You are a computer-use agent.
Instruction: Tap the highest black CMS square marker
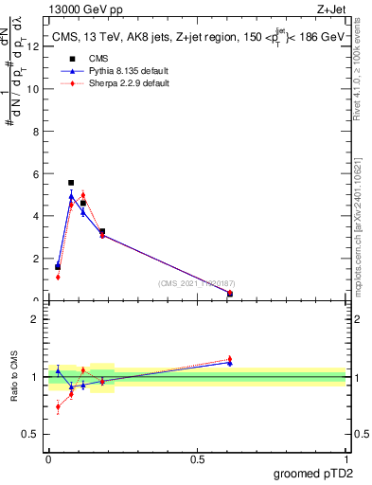tap(71, 183)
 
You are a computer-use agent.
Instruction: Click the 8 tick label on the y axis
tap(35, 131)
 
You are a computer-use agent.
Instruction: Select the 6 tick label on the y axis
tap(35, 173)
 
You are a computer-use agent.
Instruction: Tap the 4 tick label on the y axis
tap(35, 216)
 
